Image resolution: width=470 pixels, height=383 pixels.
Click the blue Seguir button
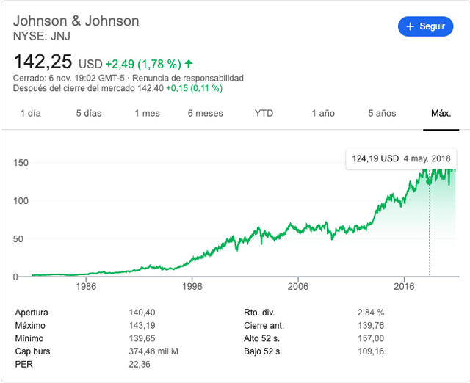[x=425, y=26]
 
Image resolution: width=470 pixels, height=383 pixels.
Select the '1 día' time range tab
[x=31, y=113]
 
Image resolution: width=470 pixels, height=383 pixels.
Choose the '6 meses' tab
[x=206, y=113]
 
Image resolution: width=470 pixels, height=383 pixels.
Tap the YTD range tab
[x=264, y=113]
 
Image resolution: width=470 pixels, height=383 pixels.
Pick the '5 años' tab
[x=382, y=113]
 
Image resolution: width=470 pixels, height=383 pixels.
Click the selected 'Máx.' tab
[x=441, y=113]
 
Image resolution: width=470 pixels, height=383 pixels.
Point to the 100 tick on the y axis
[x=21, y=200]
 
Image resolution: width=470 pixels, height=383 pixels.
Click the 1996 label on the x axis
[x=192, y=286]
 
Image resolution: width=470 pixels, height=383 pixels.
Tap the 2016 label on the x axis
[x=404, y=286]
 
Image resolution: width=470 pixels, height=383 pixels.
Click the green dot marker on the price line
[x=429, y=183]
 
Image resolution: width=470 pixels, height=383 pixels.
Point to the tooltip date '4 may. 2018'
[x=427, y=158]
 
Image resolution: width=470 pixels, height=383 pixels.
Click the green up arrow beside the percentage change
[x=189, y=64]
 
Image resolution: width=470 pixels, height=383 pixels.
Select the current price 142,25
[x=43, y=62]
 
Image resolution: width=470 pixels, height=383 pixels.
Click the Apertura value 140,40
[x=142, y=313]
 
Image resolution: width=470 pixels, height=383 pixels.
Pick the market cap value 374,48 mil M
[x=153, y=351]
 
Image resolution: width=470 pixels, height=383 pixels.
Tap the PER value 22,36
[x=140, y=364]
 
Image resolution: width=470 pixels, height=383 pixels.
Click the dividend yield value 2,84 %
[x=371, y=313]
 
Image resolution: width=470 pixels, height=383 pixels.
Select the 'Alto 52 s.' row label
[x=261, y=338]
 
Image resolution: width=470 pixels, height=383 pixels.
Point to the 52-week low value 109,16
[x=371, y=351]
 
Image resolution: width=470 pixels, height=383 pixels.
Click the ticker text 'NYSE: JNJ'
[x=42, y=36]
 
